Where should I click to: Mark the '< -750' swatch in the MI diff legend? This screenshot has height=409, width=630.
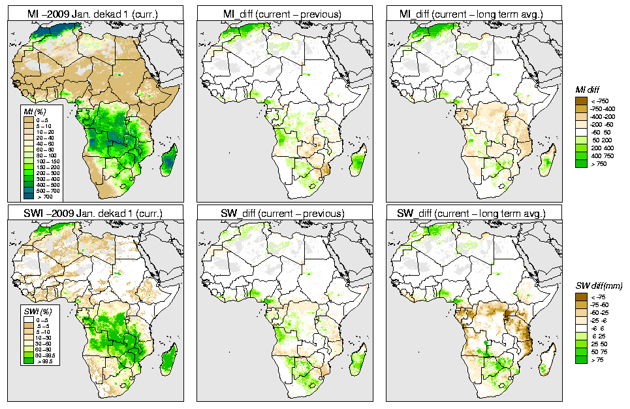click(580, 101)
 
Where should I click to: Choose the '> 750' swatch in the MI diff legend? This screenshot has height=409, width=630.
click(580, 163)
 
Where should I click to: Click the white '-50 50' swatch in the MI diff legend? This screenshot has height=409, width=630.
click(580, 132)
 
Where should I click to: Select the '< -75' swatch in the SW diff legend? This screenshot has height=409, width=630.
click(580, 297)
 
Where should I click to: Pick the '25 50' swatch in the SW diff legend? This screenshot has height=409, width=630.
click(580, 344)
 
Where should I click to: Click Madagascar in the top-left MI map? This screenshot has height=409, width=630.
click(169, 161)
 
